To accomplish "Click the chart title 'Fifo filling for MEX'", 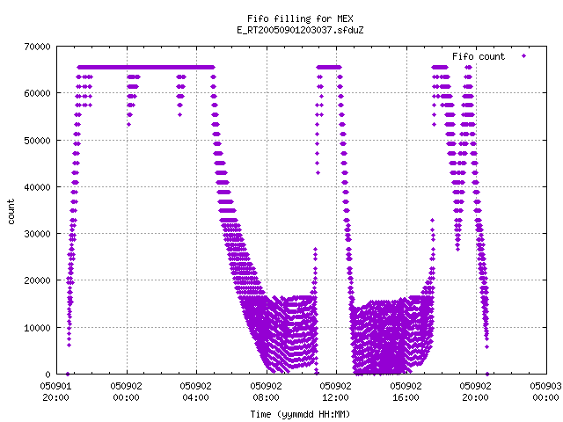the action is point(300,18).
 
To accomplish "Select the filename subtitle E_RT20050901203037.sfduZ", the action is point(300,30).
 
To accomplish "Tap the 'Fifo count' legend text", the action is point(479,56).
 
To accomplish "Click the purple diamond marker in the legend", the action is point(524,56).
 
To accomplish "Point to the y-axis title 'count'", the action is point(11,212).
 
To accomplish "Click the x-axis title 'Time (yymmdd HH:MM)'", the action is point(300,414).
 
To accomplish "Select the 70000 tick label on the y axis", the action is point(37,47).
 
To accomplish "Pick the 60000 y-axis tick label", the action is point(37,93).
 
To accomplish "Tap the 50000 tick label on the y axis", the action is point(37,141).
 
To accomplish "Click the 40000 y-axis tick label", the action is point(37,187).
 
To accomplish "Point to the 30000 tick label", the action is point(37,234).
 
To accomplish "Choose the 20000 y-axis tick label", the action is point(37,280).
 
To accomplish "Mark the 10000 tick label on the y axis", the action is point(37,328).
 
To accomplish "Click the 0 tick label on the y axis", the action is point(48,375).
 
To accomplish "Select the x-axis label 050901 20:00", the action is point(55,391).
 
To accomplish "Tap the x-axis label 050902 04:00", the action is point(195,391).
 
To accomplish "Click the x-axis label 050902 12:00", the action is point(336,391).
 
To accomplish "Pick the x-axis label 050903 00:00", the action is point(545,391).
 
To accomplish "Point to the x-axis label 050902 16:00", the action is point(406,391).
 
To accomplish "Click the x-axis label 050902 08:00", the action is point(266,391).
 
